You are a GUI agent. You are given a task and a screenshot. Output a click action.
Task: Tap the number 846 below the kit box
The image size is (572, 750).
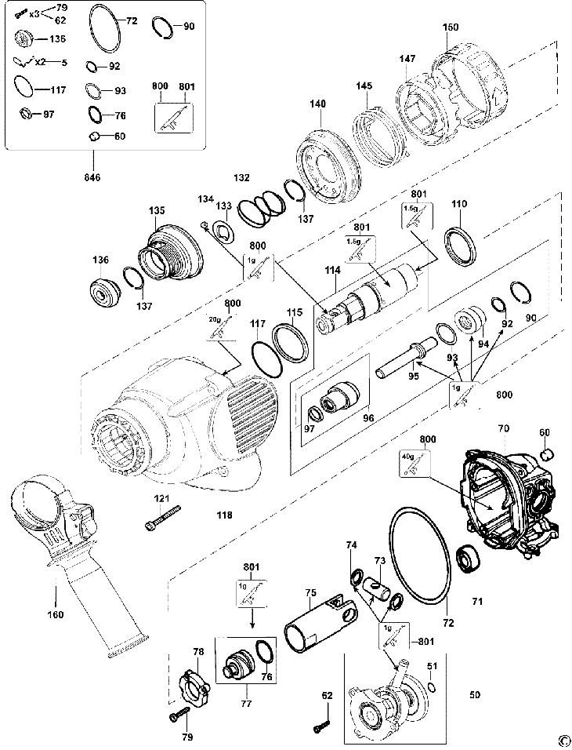pos(92,178)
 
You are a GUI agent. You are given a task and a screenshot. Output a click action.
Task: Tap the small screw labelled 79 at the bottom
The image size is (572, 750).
pos(179,715)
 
